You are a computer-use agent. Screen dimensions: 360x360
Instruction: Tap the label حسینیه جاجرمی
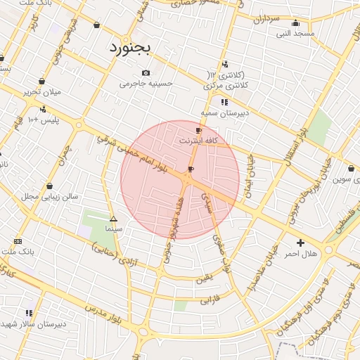click(x=146, y=84)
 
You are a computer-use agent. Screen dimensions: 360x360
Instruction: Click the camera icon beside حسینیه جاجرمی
click(x=146, y=73)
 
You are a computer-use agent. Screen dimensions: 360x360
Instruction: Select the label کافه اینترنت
click(x=199, y=141)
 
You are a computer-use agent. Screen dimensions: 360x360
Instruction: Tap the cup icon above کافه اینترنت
click(x=198, y=130)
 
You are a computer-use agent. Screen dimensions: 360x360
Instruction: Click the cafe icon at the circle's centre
click(x=191, y=169)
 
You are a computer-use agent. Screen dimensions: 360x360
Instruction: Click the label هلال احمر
click(x=302, y=253)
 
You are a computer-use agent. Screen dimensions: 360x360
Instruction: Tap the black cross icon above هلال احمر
click(x=301, y=243)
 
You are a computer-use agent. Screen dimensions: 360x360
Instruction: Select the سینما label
click(x=113, y=229)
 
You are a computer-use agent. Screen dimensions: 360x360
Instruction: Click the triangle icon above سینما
click(x=113, y=219)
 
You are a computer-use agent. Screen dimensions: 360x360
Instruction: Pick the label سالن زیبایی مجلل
click(x=49, y=196)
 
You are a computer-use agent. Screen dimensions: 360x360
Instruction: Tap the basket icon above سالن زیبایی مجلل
click(x=49, y=186)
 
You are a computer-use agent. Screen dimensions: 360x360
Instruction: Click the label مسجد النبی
click(x=295, y=32)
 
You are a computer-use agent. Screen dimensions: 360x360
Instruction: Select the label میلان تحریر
click(x=42, y=91)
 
